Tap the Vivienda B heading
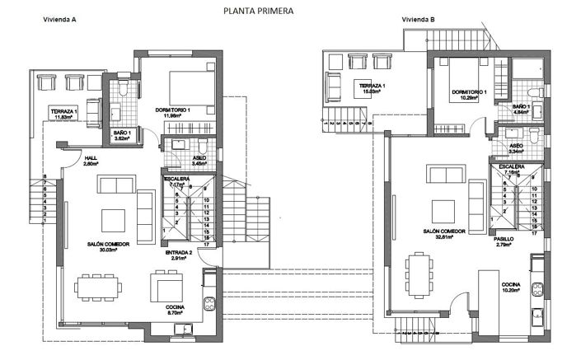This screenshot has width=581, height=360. (419, 19)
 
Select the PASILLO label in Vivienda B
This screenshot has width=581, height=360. (504, 242)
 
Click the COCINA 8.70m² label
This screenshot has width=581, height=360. (173, 310)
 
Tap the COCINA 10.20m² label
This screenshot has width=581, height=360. (512, 287)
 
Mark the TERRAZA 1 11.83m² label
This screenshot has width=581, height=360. (63, 114)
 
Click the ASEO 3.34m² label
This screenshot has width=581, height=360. (517, 148)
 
